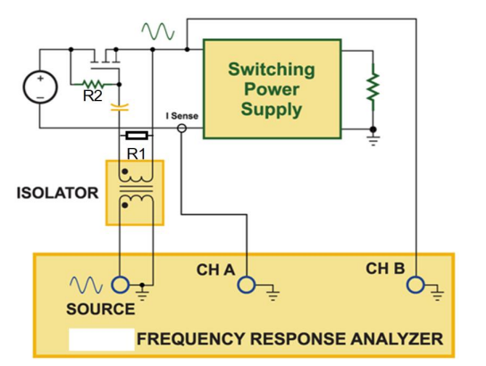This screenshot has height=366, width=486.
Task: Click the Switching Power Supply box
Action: (272, 88)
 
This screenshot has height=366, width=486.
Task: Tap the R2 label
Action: (92, 96)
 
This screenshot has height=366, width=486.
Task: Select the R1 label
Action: (135, 153)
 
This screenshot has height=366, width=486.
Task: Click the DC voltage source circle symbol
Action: (39, 87)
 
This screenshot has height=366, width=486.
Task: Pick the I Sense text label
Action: (183, 117)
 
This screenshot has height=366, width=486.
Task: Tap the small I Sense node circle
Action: (182, 129)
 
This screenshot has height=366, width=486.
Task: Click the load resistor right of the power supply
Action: (373, 88)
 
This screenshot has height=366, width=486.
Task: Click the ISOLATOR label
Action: (58, 193)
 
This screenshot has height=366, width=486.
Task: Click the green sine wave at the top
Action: (156, 31)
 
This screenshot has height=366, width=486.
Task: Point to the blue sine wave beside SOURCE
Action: (86, 286)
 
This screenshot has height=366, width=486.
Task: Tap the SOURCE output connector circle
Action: (120, 286)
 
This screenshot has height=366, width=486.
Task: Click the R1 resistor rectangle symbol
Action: (136, 136)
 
